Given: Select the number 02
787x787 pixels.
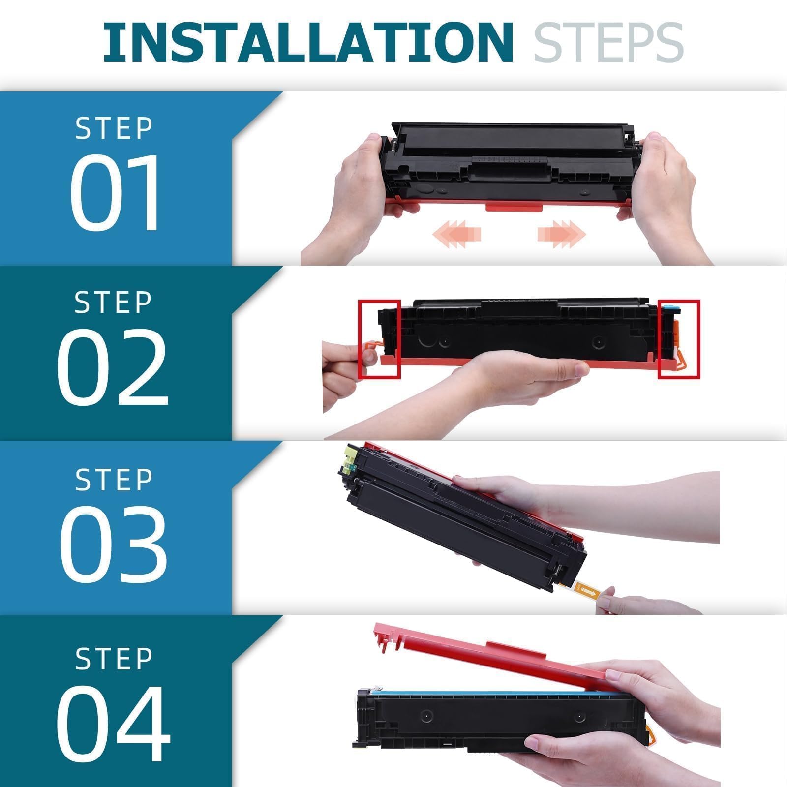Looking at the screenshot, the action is pyautogui.click(x=113, y=366).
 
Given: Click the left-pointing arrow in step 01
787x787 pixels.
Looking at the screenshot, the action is pyautogui.click(x=456, y=232).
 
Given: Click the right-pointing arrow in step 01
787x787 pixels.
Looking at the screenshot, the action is pyautogui.click(x=562, y=232).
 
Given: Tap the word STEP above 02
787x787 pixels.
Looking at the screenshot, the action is pyautogui.click(x=113, y=302).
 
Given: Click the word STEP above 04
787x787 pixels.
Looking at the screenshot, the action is pyautogui.click(x=114, y=658).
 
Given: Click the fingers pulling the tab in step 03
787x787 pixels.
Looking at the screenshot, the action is pyautogui.click(x=639, y=603).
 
